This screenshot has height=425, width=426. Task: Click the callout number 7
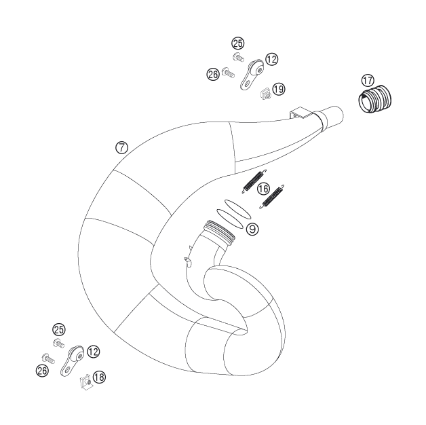pyautogui.click(x=121, y=147)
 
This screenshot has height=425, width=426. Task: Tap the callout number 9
pyautogui.click(x=252, y=229)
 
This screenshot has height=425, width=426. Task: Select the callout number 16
pyautogui.click(x=263, y=189)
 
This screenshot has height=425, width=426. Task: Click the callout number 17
pyautogui.click(x=368, y=80)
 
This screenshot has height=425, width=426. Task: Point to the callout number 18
pyautogui.click(x=99, y=377)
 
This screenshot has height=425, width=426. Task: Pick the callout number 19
pyautogui.click(x=279, y=89)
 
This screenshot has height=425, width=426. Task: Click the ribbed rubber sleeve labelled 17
pyautogui.click(x=374, y=98)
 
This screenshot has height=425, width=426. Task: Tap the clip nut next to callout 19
pyautogui.click(x=266, y=94)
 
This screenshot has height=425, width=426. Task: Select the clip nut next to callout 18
pyautogui.click(x=85, y=383)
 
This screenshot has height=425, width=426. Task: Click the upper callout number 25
pyautogui.click(x=238, y=43)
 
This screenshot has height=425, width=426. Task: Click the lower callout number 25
pyautogui.click(x=59, y=329)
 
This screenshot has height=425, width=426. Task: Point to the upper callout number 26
pyautogui.click(x=213, y=74)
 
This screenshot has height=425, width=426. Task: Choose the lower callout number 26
pyautogui.click(x=42, y=370)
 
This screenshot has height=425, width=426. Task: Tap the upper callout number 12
pyautogui.click(x=271, y=59)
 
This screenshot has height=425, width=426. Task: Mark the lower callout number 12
pyautogui.click(x=93, y=352)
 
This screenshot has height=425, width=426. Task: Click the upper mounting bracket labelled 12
pyautogui.click(x=252, y=75)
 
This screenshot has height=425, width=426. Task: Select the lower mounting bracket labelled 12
pyautogui.click(x=72, y=361)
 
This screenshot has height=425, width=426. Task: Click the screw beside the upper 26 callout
pyautogui.click(x=228, y=73)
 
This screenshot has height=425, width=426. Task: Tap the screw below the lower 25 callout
pyautogui.click(x=59, y=344)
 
